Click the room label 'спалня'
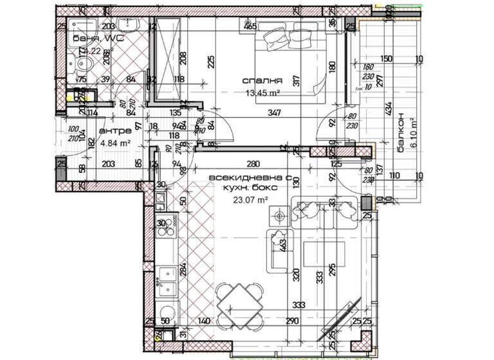tap(263, 81)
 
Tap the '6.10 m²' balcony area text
tap(414, 132)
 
